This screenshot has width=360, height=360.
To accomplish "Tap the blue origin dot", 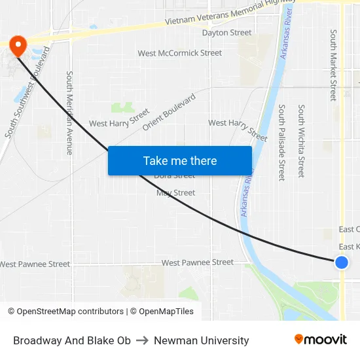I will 341,262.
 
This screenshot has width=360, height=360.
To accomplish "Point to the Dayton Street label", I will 226,33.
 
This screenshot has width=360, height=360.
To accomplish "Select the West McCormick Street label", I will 179,53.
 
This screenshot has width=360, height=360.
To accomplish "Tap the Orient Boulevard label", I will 169,112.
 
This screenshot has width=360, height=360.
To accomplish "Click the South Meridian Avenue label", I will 69,113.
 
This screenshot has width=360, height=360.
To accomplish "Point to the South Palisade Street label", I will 281,142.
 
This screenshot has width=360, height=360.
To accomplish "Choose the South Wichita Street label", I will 301,141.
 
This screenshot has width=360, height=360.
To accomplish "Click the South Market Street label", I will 333,65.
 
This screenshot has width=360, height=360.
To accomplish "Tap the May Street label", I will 175,193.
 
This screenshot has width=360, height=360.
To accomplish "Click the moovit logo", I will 321,340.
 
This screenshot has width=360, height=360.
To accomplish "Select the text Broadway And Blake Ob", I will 72,340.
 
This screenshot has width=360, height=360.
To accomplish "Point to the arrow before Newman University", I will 142,340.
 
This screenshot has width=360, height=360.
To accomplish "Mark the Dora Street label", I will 174,176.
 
